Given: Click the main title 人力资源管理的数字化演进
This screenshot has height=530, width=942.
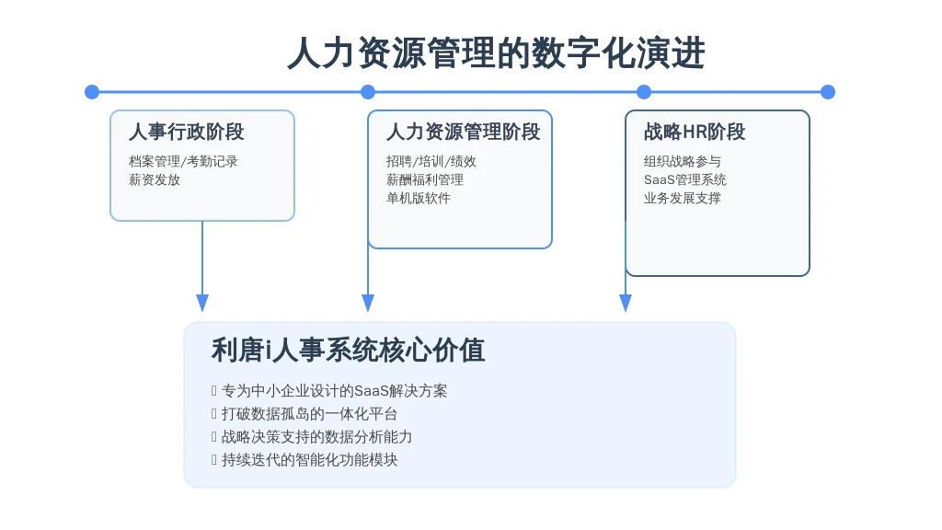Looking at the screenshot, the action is click(x=496, y=52).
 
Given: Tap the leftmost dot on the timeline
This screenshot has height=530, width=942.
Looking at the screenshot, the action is click(x=92, y=92).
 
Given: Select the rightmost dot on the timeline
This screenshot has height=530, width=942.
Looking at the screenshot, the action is click(x=828, y=92).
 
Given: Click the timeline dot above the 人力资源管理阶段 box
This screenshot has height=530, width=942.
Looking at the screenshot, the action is click(x=368, y=92).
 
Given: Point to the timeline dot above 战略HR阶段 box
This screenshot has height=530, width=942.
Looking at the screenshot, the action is click(x=644, y=92).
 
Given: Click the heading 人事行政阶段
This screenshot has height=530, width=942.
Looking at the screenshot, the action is click(x=186, y=132).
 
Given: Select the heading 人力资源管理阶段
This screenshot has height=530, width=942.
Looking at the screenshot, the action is click(x=464, y=132).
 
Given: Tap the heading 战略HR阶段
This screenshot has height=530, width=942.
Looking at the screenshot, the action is click(x=695, y=132).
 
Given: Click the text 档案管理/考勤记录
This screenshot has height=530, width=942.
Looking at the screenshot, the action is click(x=183, y=161).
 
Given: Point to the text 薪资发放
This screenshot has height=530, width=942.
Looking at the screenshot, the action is click(x=155, y=179).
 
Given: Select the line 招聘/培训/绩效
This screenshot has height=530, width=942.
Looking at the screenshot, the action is click(x=431, y=161).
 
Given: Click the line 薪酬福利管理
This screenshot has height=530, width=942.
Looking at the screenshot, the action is click(x=425, y=179).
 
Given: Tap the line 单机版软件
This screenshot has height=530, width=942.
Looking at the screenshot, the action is click(x=419, y=199).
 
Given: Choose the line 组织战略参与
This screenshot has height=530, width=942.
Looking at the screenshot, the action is click(x=683, y=161).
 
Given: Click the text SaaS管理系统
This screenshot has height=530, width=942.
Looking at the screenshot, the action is click(x=684, y=179).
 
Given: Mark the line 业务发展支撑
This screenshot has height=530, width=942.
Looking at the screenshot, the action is click(x=683, y=199).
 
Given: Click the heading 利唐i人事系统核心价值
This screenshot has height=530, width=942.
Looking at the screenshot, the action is click(x=348, y=350).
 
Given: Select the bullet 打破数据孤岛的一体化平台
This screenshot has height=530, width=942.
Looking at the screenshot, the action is click(x=309, y=413).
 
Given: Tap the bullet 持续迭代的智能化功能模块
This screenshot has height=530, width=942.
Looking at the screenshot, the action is click(x=309, y=460).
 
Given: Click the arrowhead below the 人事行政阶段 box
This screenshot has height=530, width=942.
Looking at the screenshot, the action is click(x=202, y=303).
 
